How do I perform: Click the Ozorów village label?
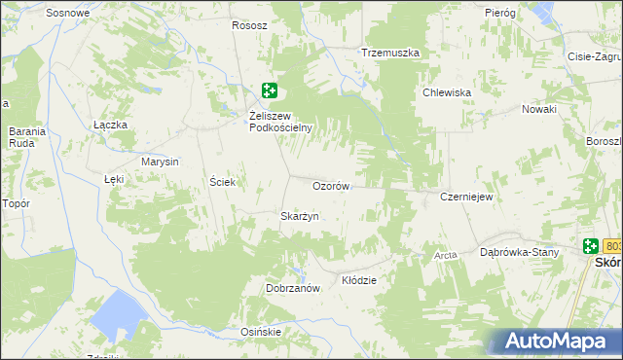pyautogui.click(x=331, y=186)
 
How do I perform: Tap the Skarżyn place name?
pyautogui.click(x=300, y=216)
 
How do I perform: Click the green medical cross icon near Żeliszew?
pyautogui.click(x=270, y=91)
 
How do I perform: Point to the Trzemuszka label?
pyautogui.click(x=389, y=52)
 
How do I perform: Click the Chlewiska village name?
pyautogui.click(x=447, y=92)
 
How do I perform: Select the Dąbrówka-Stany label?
pyautogui.click(x=520, y=253)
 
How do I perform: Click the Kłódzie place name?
pyautogui.click(x=359, y=280)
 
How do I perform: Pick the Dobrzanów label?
pyautogui.click(x=293, y=289)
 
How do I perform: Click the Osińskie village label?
pyautogui.click(x=261, y=332)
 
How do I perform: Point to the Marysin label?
pyautogui.click(x=160, y=162)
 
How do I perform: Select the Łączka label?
pyautogui.click(x=111, y=125)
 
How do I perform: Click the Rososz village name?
pyautogui.click(x=249, y=25)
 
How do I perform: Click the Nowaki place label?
pyautogui.click(x=538, y=109)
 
